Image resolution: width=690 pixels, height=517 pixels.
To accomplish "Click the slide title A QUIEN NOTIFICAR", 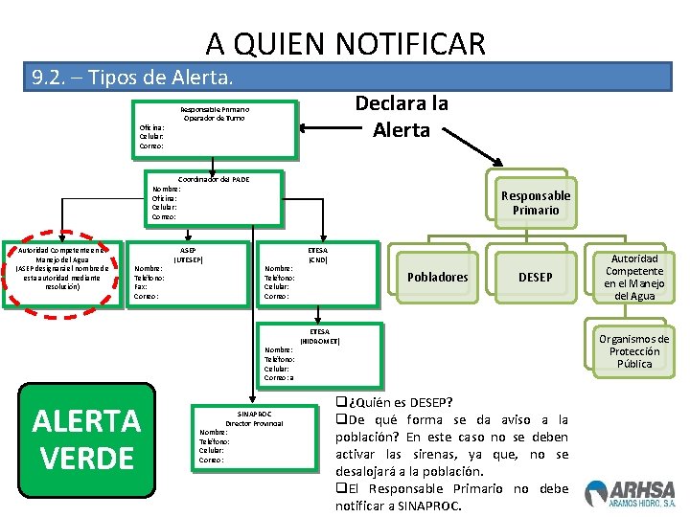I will click(345, 43).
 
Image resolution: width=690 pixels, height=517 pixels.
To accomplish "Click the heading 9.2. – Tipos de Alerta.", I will click(131, 77).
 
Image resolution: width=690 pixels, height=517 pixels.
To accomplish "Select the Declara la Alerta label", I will click(402, 117).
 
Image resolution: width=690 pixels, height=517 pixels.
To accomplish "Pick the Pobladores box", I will click(438, 277).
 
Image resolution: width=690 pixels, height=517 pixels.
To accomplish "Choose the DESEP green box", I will click(535, 277).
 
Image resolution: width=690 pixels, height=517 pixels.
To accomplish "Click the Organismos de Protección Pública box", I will click(633, 351).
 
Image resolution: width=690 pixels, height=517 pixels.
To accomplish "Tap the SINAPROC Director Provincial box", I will click(254, 437).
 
